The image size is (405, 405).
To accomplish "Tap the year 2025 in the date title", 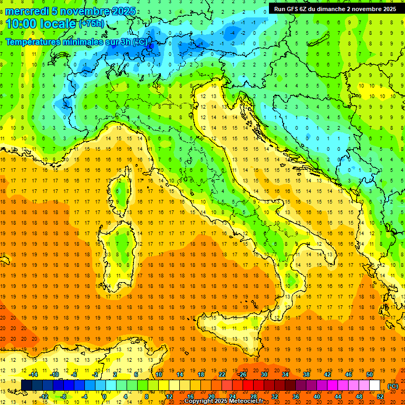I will pyautogui.click(x=123, y=11).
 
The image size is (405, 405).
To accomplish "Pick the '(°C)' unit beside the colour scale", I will pyautogui.click(x=393, y=386).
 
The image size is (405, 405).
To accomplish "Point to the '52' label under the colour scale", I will pyautogui.click(x=380, y=397).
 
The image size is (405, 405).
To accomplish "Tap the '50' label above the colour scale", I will pyautogui.click(x=370, y=374).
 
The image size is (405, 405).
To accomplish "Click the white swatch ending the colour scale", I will pyautogui.click(x=375, y=385).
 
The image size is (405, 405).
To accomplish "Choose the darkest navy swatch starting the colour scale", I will pyautogui.click(x=26, y=385).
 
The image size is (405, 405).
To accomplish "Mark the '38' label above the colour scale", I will pyautogui.click(x=306, y=374).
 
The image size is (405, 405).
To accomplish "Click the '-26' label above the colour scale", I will pyautogui.click(x=242, y=374).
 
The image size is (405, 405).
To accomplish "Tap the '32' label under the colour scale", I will pyautogui.click(x=275, y=397).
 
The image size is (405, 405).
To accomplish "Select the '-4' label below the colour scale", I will pyautogui.click(x=85, y=397).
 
